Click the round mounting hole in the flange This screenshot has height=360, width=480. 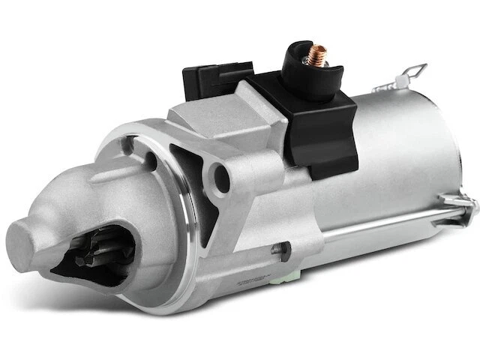[222, 177]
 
